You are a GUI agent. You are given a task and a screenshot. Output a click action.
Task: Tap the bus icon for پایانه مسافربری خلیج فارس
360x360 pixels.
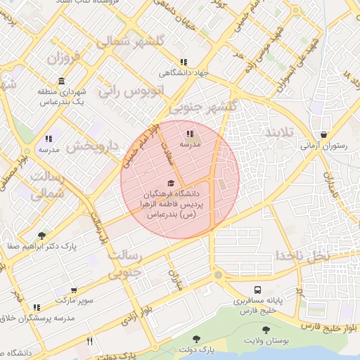pyautogui.click(x=257, y=290)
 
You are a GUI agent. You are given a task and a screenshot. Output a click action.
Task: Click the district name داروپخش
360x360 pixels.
pyautogui.click(x=94, y=146)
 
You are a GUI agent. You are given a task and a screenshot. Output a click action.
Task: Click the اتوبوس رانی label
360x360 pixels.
pyautogui.click(x=130, y=90)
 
